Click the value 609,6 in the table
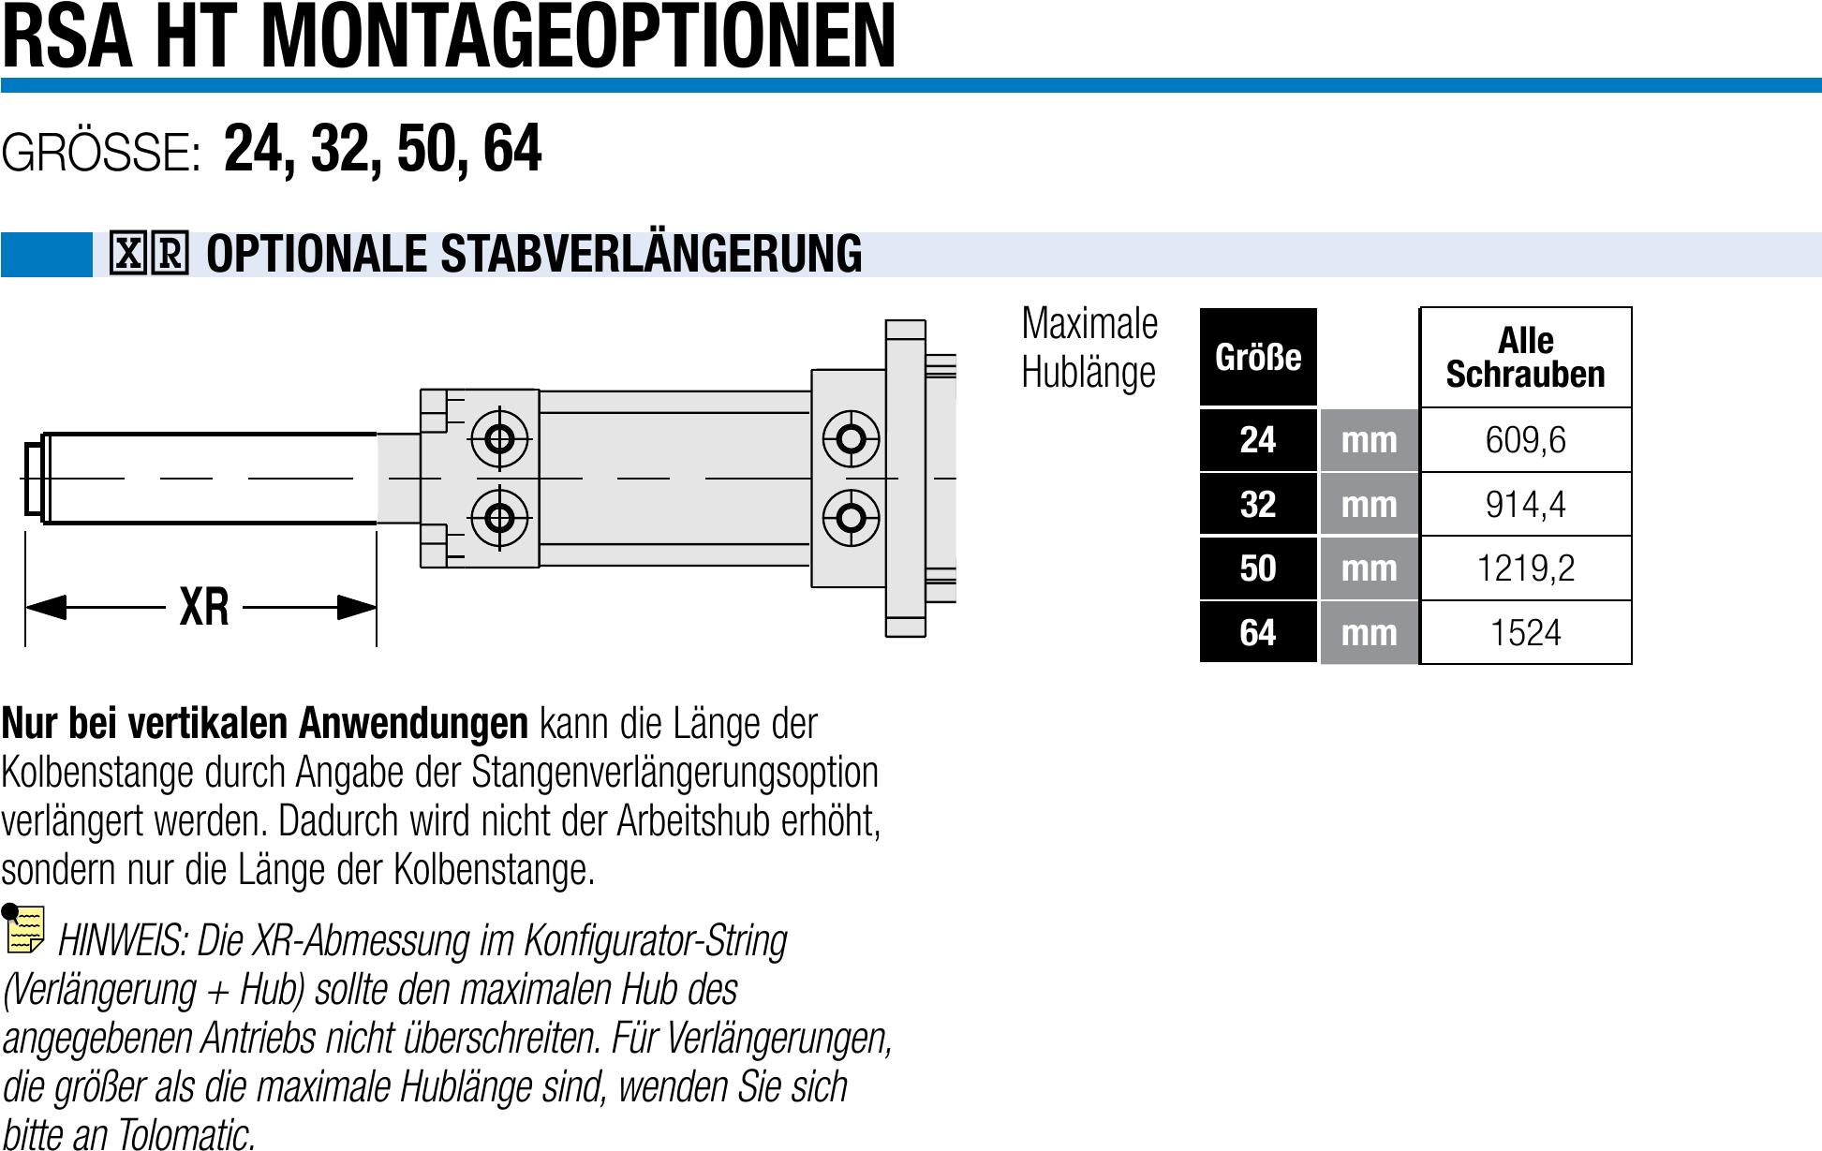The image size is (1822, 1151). point(1525,440)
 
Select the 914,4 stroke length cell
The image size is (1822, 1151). point(1525,505)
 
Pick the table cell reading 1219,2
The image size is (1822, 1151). point(1525,568)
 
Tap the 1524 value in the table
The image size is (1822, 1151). point(1525,633)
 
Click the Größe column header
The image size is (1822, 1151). point(1258,358)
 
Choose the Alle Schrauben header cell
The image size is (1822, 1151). point(1525,358)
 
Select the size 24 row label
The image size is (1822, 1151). point(1258,440)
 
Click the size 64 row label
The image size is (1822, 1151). point(1258,633)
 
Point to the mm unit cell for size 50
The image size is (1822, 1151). point(1369,568)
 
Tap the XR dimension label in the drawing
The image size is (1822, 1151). point(204,607)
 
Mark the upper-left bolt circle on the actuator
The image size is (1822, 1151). point(499,438)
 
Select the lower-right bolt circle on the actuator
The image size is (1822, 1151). point(851,517)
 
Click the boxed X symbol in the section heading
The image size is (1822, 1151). point(128,253)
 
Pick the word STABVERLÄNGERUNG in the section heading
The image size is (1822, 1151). point(651,255)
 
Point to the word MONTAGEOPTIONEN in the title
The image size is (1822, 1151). point(578,37)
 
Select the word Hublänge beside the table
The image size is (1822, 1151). point(1088,373)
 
